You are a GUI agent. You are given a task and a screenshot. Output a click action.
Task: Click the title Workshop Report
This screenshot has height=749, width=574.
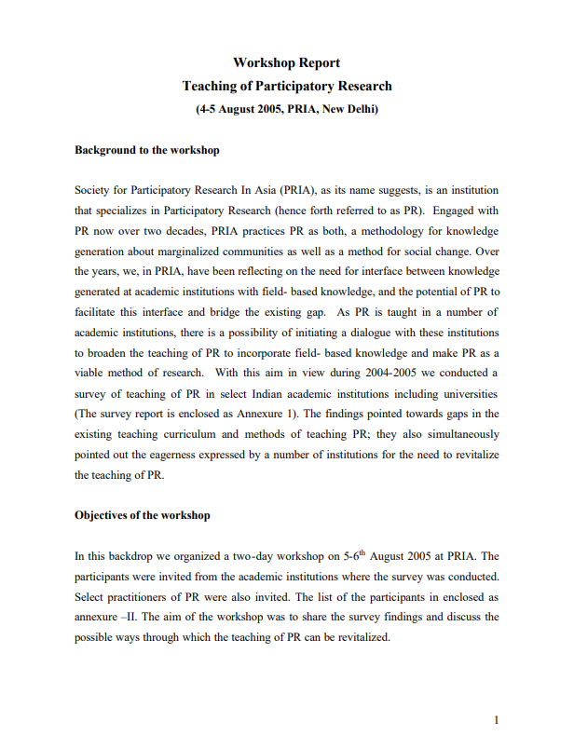pos(286,63)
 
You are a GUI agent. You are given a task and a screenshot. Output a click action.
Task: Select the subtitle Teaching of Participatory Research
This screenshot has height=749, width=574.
pos(286,87)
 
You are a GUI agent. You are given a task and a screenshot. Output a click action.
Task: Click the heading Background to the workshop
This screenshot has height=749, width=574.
pos(147,150)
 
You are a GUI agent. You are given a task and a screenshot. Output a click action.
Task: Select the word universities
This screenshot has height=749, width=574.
pos(467,392)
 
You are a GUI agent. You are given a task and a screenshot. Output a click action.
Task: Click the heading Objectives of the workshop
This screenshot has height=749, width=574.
pos(143,514)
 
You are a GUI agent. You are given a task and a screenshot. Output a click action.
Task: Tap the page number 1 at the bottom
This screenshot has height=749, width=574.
pos(497,719)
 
